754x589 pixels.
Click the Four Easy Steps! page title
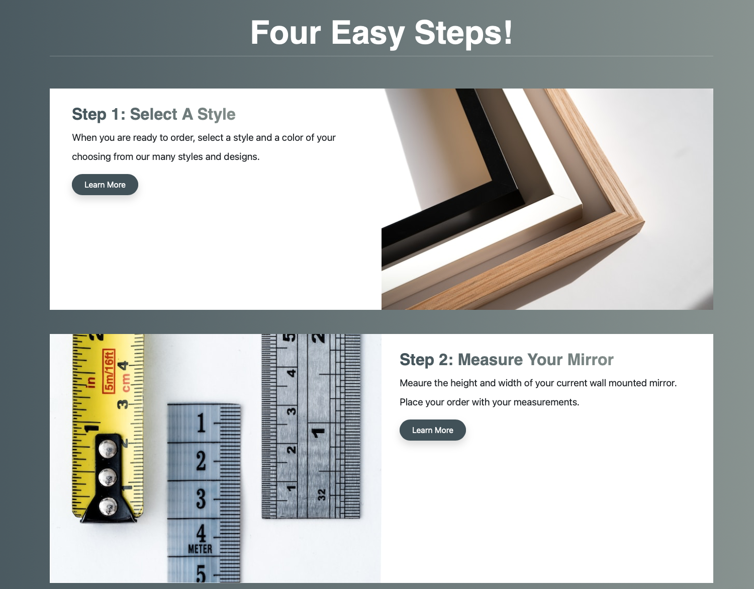[x=381, y=33]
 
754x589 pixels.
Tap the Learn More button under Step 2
[x=432, y=430]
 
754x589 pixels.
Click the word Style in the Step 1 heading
[x=216, y=115]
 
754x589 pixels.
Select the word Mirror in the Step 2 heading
[x=590, y=360]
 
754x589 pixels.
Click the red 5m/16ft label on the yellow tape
[x=109, y=371]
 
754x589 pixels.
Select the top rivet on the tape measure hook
[x=108, y=448]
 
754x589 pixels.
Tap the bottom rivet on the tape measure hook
[x=108, y=507]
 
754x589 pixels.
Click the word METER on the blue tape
[x=200, y=549]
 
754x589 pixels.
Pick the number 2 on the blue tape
[x=201, y=461]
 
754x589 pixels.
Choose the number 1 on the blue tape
[x=201, y=423]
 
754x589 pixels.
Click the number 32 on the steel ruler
[x=322, y=494]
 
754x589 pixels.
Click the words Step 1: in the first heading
[x=99, y=115]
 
